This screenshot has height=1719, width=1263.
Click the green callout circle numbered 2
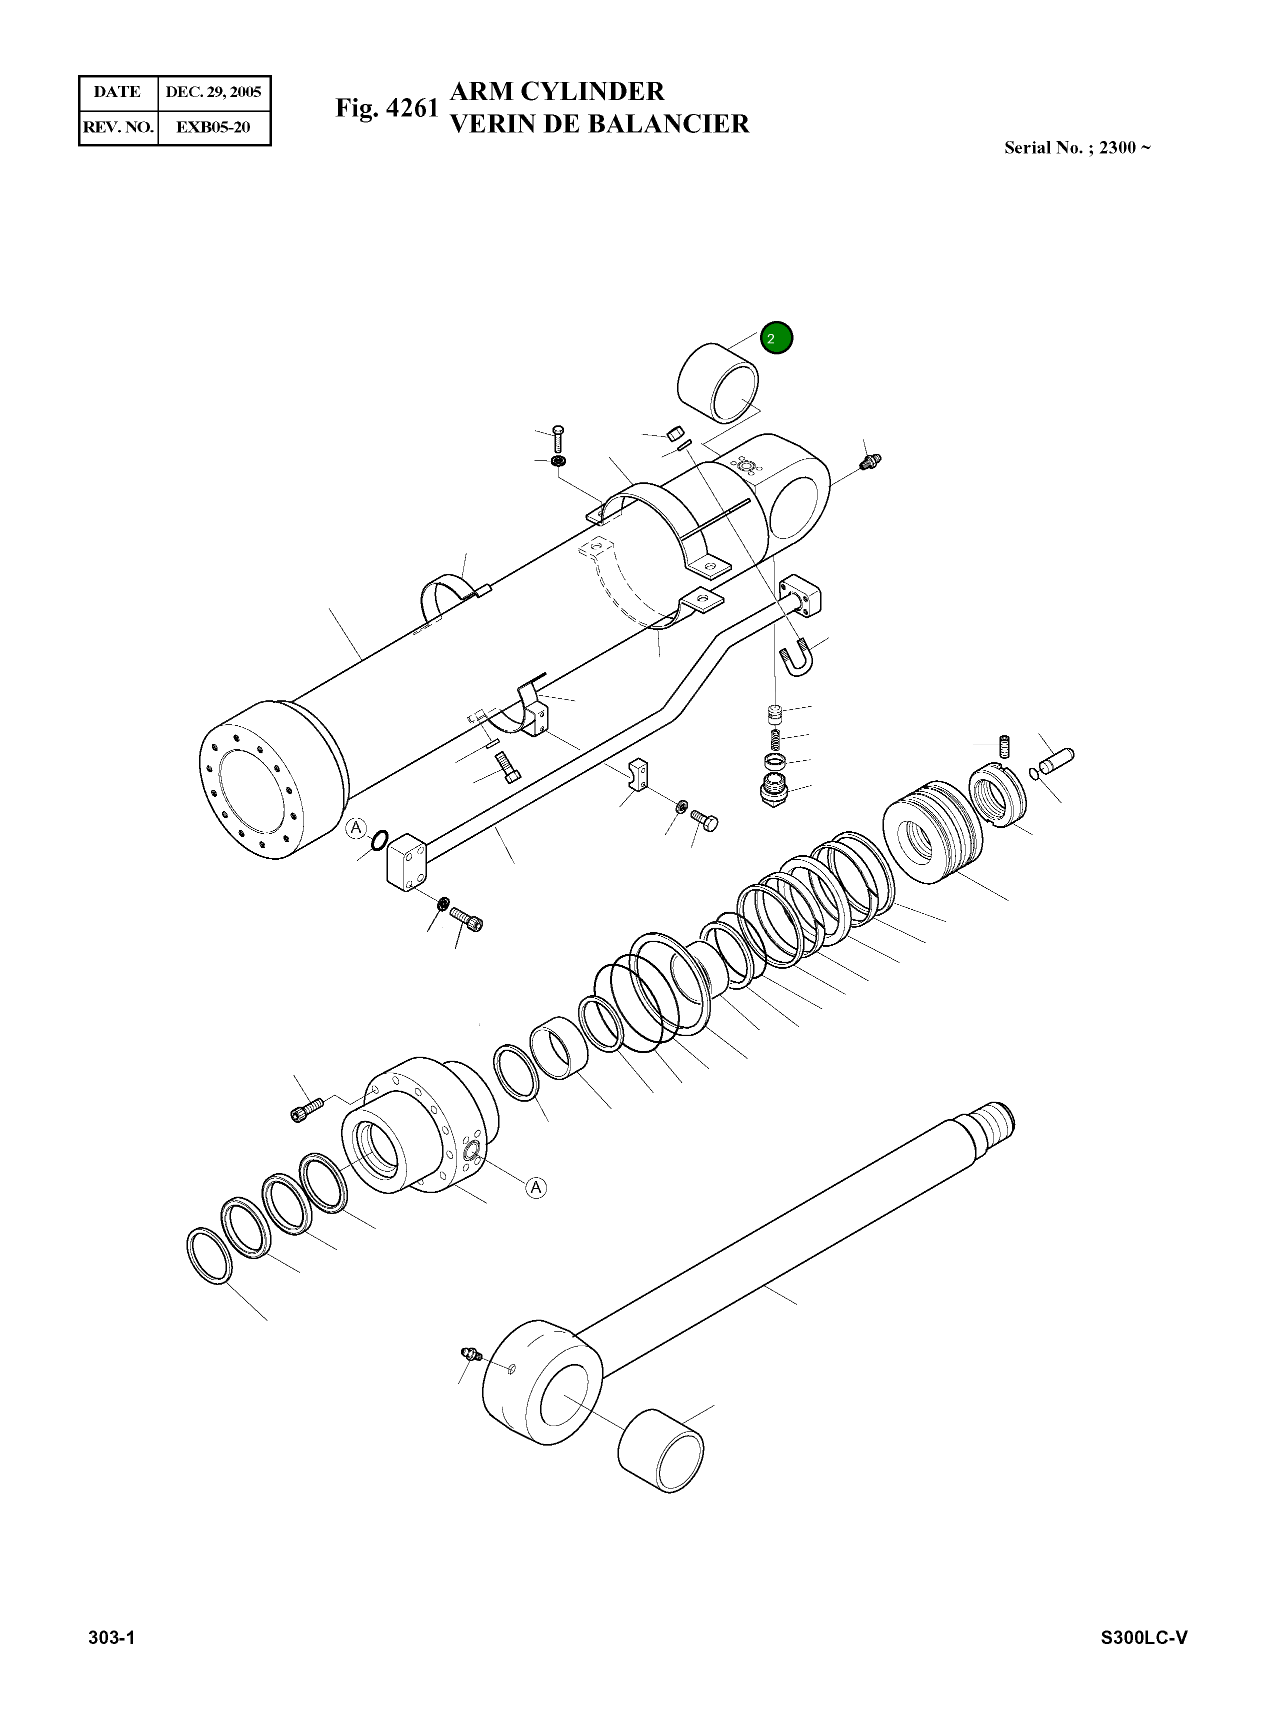(x=777, y=338)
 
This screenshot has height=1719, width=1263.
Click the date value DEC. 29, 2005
(x=213, y=92)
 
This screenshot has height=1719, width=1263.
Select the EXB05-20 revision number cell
(x=213, y=127)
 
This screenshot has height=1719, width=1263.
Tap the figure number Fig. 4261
(x=387, y=108)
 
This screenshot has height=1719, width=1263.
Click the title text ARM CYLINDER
(x=557, y=91)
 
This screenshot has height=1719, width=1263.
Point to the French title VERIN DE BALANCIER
(x=599, y=124)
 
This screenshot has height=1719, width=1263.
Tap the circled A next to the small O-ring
(x=355, y=828)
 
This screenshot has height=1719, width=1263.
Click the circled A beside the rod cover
(x=536, y=1187)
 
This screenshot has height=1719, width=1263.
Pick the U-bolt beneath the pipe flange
(x=795, y=659)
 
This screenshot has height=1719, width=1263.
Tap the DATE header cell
(x=117, y=92)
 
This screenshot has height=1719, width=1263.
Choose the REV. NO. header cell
(x=118, y=127)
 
